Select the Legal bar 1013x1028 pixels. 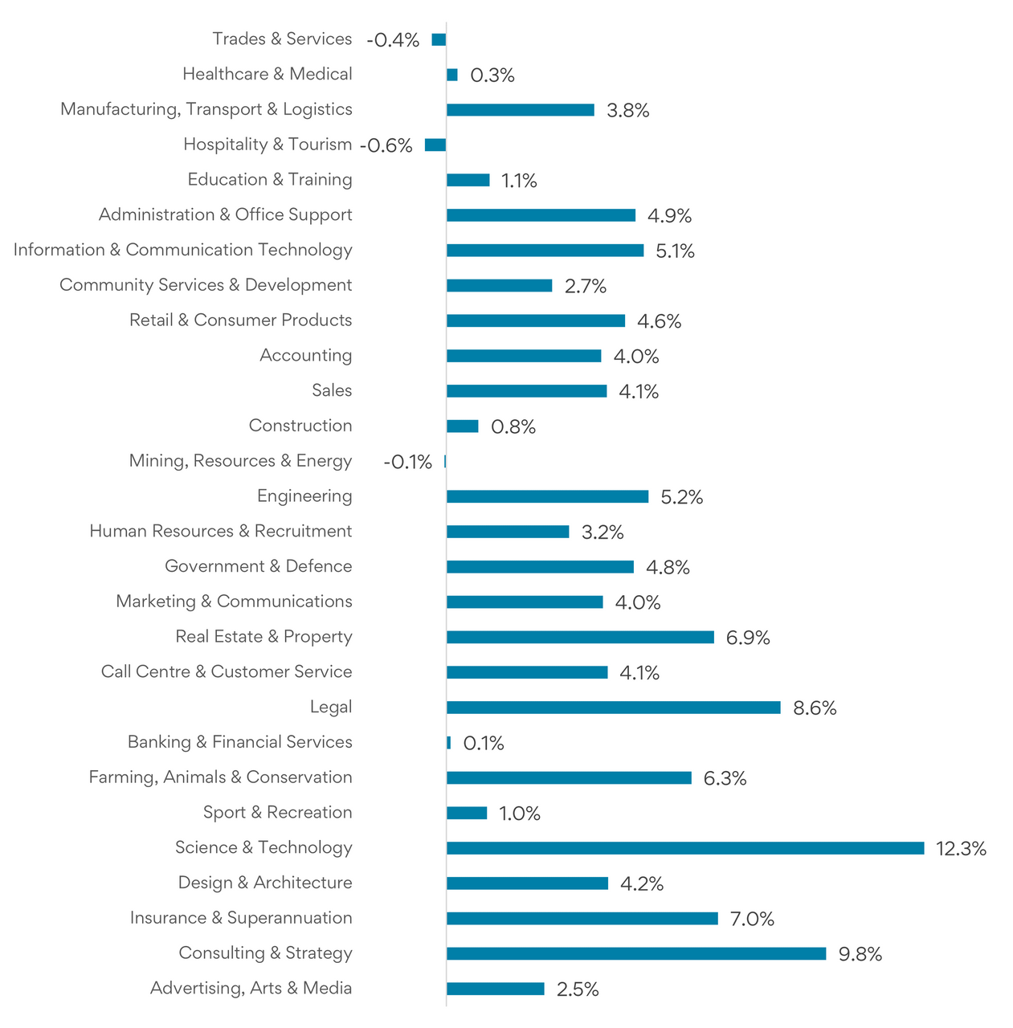[613, 708]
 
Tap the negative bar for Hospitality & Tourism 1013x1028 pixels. [435, 145]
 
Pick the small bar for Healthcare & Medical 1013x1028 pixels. [452, 75]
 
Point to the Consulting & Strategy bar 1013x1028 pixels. [635, 953]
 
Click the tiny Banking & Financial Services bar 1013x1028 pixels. [449, 743]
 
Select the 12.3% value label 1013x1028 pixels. [961, 849]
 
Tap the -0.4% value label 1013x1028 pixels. [393, 40]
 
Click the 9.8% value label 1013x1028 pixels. [860, 954]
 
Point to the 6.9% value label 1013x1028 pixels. [747, 638]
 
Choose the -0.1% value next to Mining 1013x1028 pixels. [407, 462]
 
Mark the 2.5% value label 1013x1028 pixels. [577, 989]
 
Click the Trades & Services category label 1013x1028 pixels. [282, 39]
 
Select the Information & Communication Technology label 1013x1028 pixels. [182, 250]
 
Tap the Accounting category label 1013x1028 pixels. [305, 355]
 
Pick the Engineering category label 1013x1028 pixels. [304, 496]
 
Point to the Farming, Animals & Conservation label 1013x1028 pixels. [220, 777]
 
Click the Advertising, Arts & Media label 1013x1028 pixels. [251, 988]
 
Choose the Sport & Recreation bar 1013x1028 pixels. [467, 814]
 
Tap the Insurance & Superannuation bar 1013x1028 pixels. [582, 919]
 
